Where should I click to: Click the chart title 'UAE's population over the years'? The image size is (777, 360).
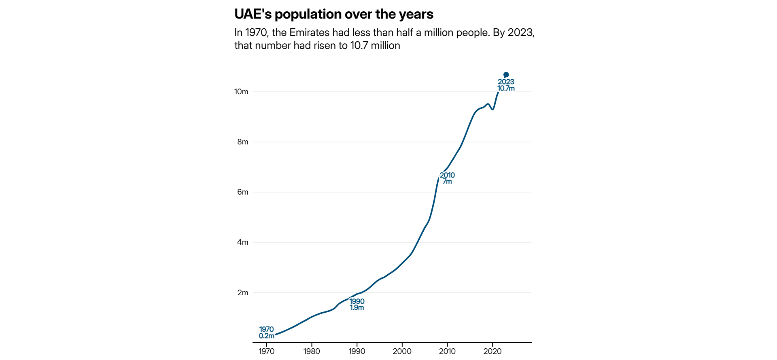tap(333, 14)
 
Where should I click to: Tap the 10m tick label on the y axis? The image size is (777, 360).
tap(241, 92)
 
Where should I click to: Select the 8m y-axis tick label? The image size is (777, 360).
tap(243, 142)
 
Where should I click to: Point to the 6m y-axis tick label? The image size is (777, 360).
tap(243, 192)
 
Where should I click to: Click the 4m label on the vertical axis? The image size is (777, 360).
tap(243, 242)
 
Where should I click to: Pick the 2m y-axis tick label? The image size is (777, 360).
tap(243, 292)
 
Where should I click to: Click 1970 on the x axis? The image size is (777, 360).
tap(266, 351)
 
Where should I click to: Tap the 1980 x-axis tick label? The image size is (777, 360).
tap(312, 351)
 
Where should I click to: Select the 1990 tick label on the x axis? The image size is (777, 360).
tap(357, 351)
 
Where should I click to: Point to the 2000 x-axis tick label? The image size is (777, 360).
tap(402, 351)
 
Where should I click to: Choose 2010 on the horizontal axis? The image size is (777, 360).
tap(447, 351)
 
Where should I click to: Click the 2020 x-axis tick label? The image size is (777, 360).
tap(493, 351)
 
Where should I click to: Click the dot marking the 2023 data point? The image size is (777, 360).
tap(506, 75)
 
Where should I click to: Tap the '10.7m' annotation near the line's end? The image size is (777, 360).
tap(506, 89)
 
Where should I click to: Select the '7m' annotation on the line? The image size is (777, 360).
tap(447, 182)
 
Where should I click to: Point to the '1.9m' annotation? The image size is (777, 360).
tap(357, 308)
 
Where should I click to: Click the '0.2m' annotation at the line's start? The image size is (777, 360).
tap(266, 336)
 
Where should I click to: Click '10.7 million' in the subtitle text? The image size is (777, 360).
tap(375, 46)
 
